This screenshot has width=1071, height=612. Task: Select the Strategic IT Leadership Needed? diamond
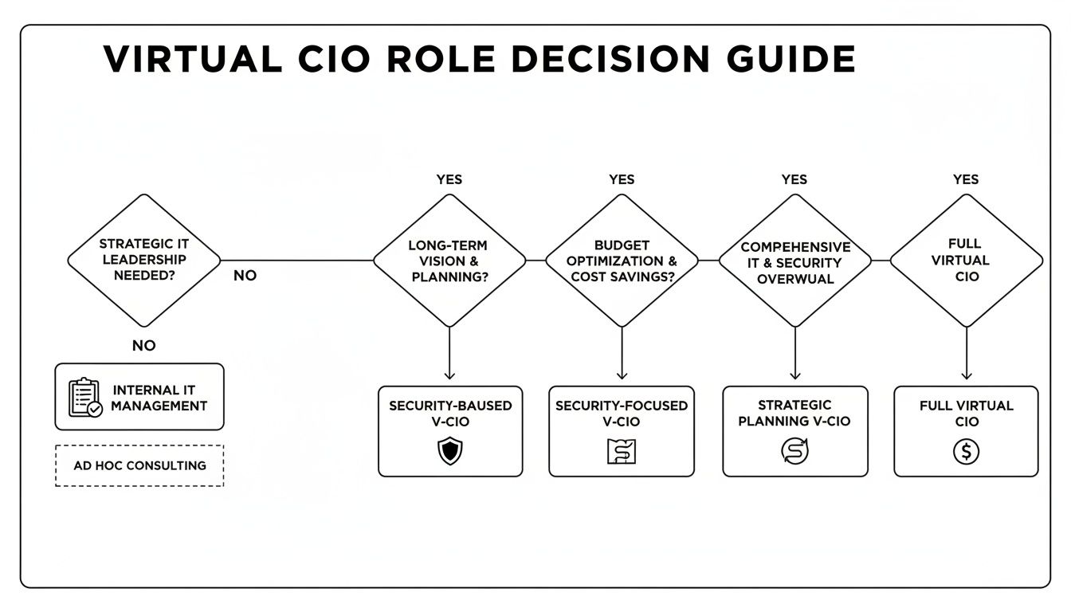coord(143,260)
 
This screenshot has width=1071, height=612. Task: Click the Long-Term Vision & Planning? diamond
coord(449,260)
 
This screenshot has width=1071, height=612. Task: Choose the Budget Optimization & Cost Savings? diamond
coord(622,260)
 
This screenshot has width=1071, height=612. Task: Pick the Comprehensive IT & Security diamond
coord(794,260)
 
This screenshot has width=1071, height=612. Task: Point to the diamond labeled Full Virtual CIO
coord(966,260)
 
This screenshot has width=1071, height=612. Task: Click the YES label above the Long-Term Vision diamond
coord(449,179)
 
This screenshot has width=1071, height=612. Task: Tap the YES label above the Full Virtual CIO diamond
coord(966,179)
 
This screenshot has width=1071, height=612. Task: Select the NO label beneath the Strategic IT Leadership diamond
coord(143,346)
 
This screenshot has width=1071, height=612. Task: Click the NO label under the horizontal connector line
coord(245,276)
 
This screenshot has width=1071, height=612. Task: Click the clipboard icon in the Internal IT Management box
coord(84,397)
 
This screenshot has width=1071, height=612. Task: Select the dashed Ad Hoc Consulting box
coord(139,465)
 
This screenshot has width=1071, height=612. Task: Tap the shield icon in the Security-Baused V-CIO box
coord(450,452)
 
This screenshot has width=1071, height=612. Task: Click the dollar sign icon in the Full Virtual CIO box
coord(966,452)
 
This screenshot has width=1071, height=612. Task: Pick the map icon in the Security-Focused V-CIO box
coord(622,452)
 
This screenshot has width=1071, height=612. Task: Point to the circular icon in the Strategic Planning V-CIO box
coord(794,451)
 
